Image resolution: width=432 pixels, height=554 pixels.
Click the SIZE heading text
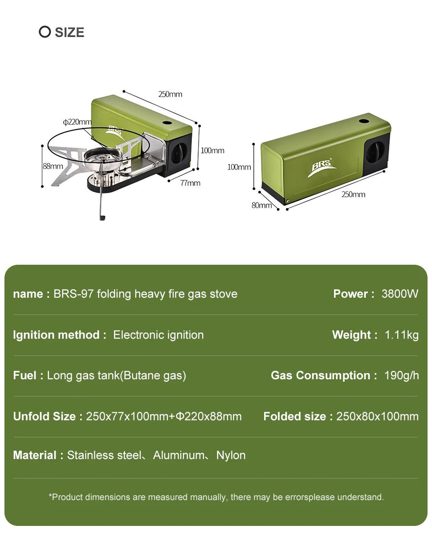[69, 33]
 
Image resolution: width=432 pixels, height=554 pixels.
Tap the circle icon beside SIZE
[45, 32]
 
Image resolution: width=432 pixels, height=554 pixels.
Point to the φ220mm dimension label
[77, 122]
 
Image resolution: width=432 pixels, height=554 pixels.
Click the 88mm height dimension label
[53, 166]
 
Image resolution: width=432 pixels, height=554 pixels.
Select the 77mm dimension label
[190, 183]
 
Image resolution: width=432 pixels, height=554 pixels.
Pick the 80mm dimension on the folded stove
[261, 205]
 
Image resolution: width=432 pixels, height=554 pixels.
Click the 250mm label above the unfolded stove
[170, 94]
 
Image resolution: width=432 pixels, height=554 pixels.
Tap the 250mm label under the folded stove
[353, 195]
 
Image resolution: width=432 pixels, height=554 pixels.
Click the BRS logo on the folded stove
[322, 168]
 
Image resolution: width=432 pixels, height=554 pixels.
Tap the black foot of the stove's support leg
[102, 218]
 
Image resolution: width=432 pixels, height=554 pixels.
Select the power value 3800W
[400, 294]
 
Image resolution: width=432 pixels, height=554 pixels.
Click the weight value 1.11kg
[401, 335]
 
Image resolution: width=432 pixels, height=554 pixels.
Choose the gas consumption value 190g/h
[401, 376]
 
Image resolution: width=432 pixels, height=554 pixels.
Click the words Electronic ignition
[158, 335]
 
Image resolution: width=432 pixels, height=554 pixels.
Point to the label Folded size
[294, 417]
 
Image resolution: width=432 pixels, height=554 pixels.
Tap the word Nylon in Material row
[231, 456]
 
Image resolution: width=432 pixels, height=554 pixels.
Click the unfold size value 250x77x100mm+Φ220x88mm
[163, 417]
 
